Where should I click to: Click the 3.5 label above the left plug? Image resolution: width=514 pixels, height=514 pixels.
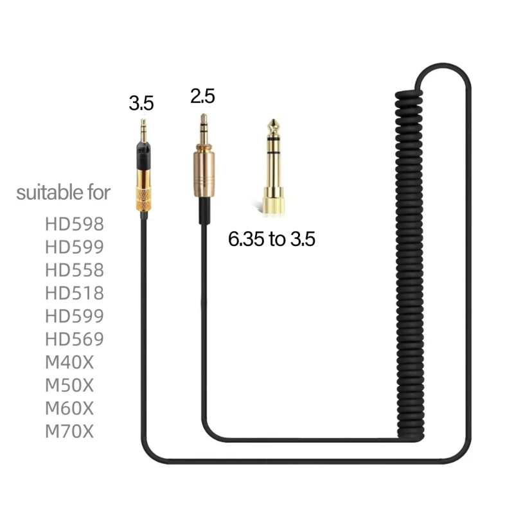point(141,103)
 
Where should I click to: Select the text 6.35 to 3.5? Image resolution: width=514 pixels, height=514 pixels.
point(272,240)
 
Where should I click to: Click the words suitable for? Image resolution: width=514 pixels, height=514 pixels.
point(63,192)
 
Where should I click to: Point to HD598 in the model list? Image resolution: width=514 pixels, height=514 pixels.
point(74,224)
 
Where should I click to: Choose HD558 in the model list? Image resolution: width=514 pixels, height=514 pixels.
point(74,270)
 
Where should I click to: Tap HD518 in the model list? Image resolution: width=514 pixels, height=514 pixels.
point(74,293)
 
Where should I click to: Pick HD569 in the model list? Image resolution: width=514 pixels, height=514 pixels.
point(74,339)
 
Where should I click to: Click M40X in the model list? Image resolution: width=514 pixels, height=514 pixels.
point(69,362)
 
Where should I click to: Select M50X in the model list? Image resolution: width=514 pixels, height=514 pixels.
point(69,385)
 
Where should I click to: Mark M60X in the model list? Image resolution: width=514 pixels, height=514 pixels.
point(69,409)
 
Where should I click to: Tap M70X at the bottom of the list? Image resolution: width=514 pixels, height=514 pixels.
point(69,432)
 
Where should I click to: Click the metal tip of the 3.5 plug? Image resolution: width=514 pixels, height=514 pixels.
point(143,128)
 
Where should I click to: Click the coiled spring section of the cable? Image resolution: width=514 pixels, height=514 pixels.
point(411,257)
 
